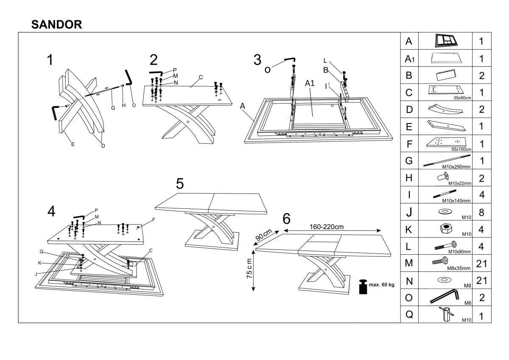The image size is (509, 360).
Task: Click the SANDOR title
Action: (x=57, y=25)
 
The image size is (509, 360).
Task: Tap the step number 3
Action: (x=257, y=60)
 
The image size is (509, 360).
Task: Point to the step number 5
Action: (x=180, y=184)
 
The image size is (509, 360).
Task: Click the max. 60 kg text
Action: (x=381, y=284)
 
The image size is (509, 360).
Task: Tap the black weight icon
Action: (x=363, y=287)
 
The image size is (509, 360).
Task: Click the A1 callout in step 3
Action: (x=310, y=84)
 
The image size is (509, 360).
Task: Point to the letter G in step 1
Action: (x=113, y=108)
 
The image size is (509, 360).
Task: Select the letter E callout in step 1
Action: (x=73, y=145)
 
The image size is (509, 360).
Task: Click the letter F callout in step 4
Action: (x=154, y=219)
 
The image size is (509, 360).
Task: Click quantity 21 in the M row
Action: (x=481, y=264)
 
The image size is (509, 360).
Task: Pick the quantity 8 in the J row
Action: (x=481, y=212)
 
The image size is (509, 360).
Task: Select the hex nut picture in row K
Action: (x=445, y=228)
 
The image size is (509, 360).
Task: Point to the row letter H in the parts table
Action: (x=409, y=178)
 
